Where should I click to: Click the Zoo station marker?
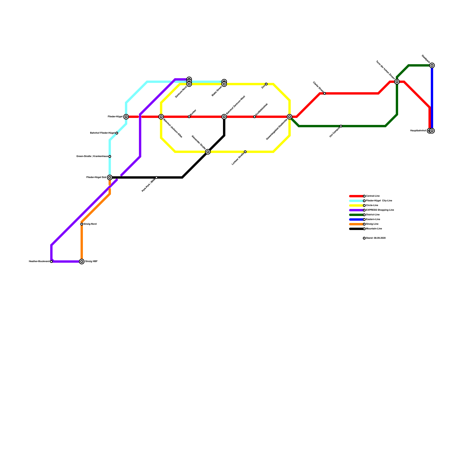point(266,84)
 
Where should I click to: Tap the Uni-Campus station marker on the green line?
point(341,126)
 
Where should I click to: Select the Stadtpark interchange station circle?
point(432,65)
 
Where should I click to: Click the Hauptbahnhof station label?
point(418,131)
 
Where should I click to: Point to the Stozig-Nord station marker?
point(82,224)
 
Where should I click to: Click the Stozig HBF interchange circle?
point(82,262)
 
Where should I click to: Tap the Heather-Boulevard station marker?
point(51,262)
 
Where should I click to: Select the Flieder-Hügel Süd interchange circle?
point(110,177)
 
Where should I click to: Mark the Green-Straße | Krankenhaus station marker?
point(110,156)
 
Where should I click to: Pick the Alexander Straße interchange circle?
point(208,152)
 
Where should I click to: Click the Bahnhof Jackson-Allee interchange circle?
point(161,117)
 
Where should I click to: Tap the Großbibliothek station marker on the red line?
point(255,117)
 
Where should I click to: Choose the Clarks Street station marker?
point(325,93)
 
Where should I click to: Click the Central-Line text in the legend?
point(373,196)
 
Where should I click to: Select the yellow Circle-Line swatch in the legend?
point(356,205)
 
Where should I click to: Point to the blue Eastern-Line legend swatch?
point(356,219)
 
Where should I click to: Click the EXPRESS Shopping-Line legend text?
point(380,210)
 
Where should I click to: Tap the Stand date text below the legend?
point(376,238)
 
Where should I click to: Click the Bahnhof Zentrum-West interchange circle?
point(224,117)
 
